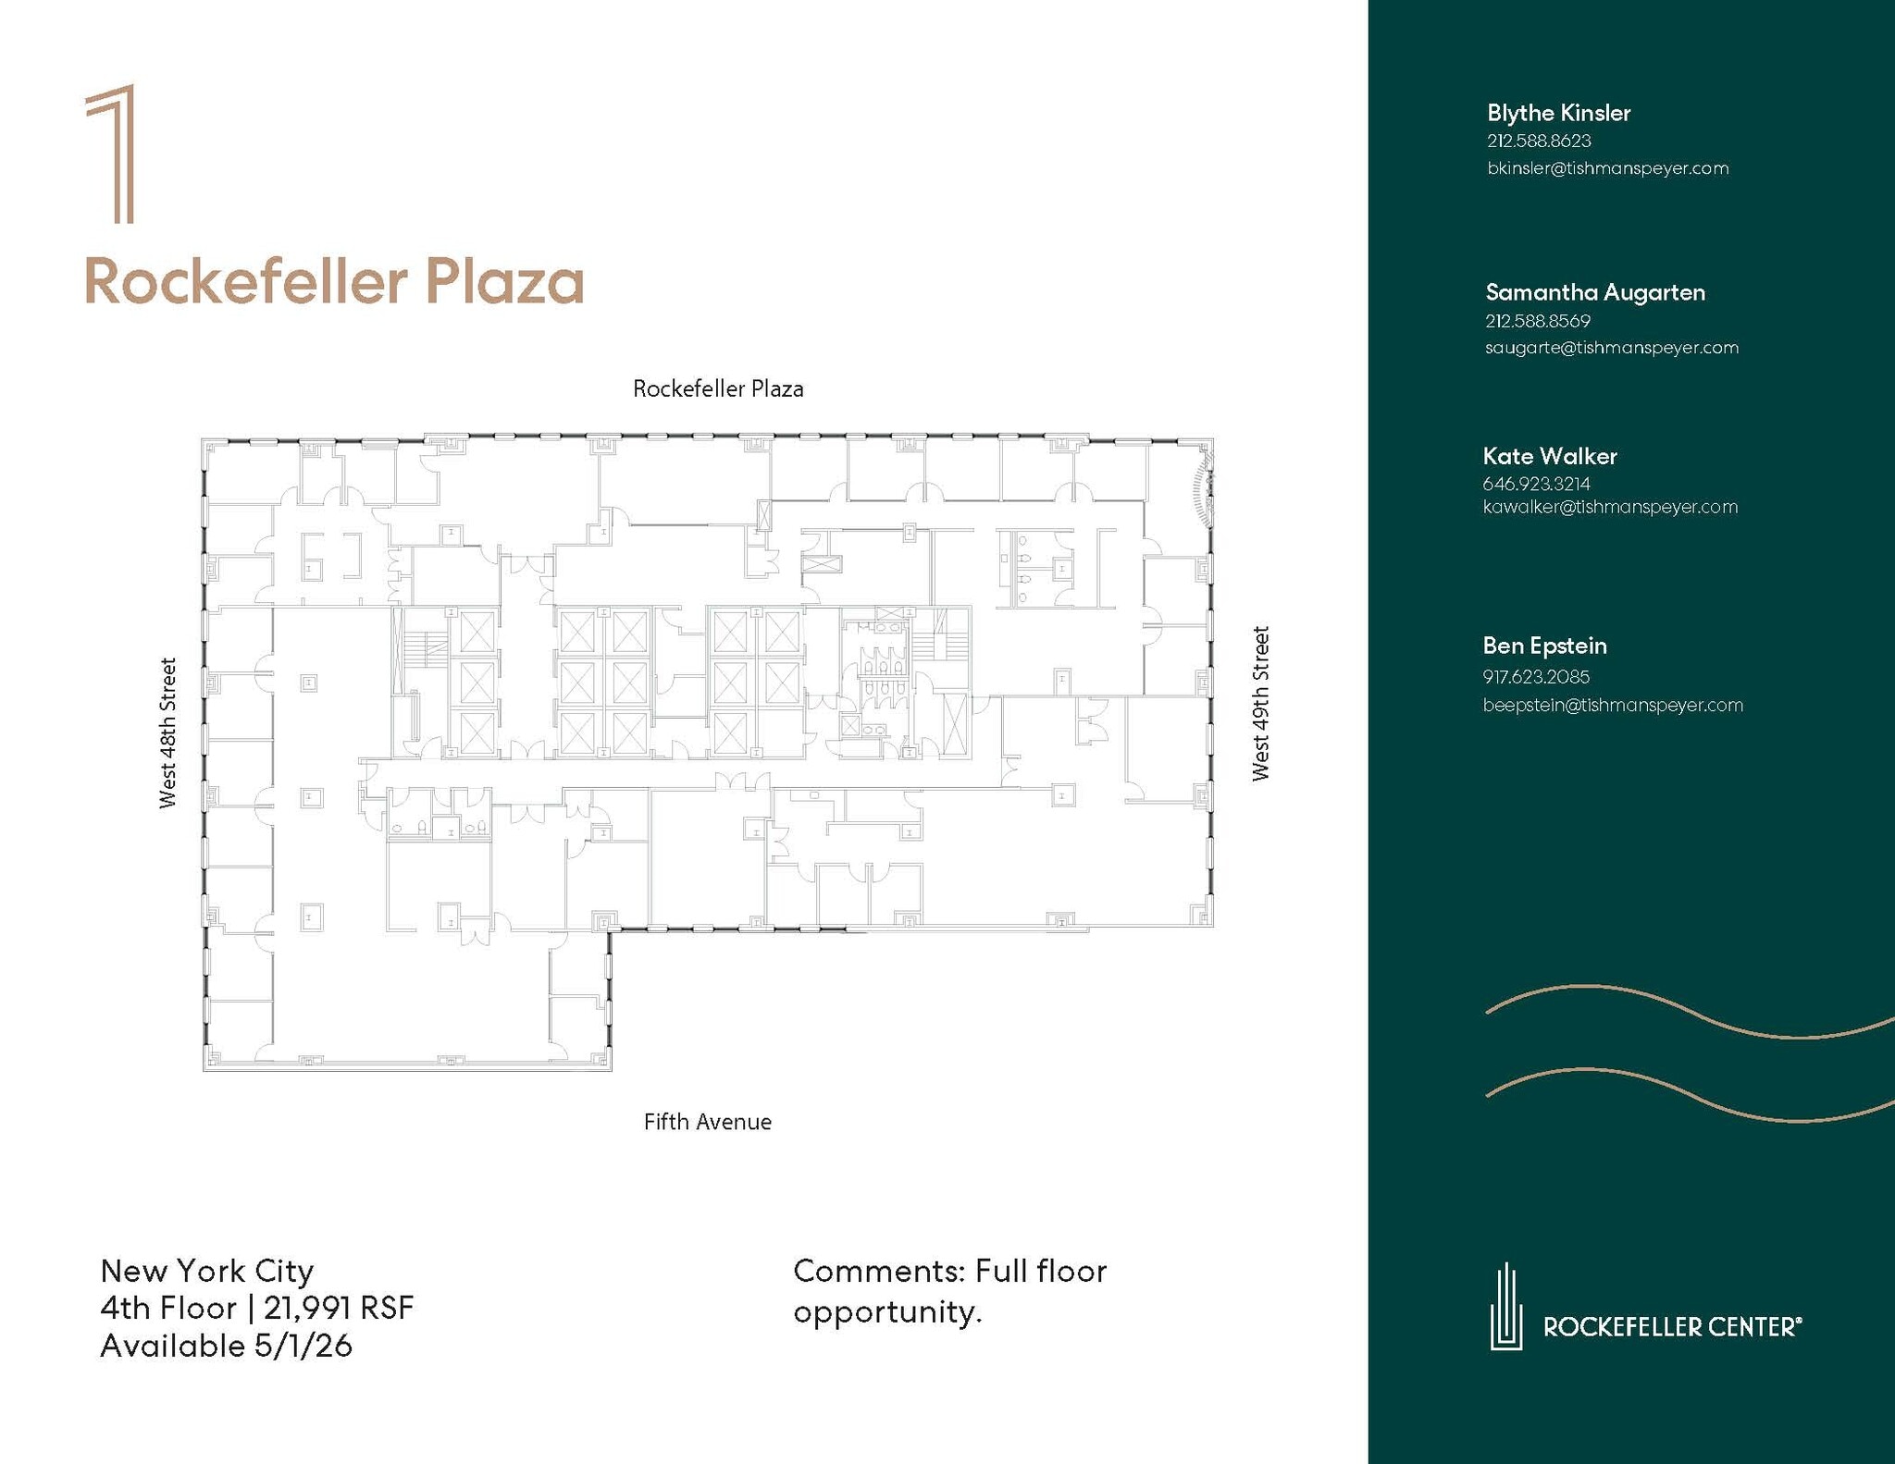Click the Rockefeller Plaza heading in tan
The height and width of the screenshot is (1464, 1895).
click(334, 282)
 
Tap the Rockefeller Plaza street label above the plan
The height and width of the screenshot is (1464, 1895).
click(718, 389)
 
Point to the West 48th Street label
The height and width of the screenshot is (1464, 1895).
click(167, 733)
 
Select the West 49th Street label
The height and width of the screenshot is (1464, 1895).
click(1260, 704)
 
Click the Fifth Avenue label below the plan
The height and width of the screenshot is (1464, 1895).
click(708, 1122)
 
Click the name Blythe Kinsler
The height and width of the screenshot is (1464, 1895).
click(1558, 113)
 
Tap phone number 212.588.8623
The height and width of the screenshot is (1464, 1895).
click(1539, 141)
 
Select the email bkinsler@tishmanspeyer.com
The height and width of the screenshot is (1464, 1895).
click(1607, 168)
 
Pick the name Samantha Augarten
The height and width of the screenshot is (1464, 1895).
click(1595, 292)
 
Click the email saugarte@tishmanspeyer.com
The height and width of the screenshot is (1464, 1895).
click(1612, 348)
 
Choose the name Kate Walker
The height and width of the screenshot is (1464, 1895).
click(1550, 456)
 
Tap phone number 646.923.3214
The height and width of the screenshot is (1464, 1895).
click(1536, 484)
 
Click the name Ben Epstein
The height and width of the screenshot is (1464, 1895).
click(1544, 646)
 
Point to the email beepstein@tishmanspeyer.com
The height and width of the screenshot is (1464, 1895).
click(1613, 705)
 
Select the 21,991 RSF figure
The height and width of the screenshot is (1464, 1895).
click(339, 1308)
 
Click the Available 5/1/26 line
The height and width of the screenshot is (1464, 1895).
click(227, 1346)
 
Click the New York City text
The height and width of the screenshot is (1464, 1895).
click(207, 1271)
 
